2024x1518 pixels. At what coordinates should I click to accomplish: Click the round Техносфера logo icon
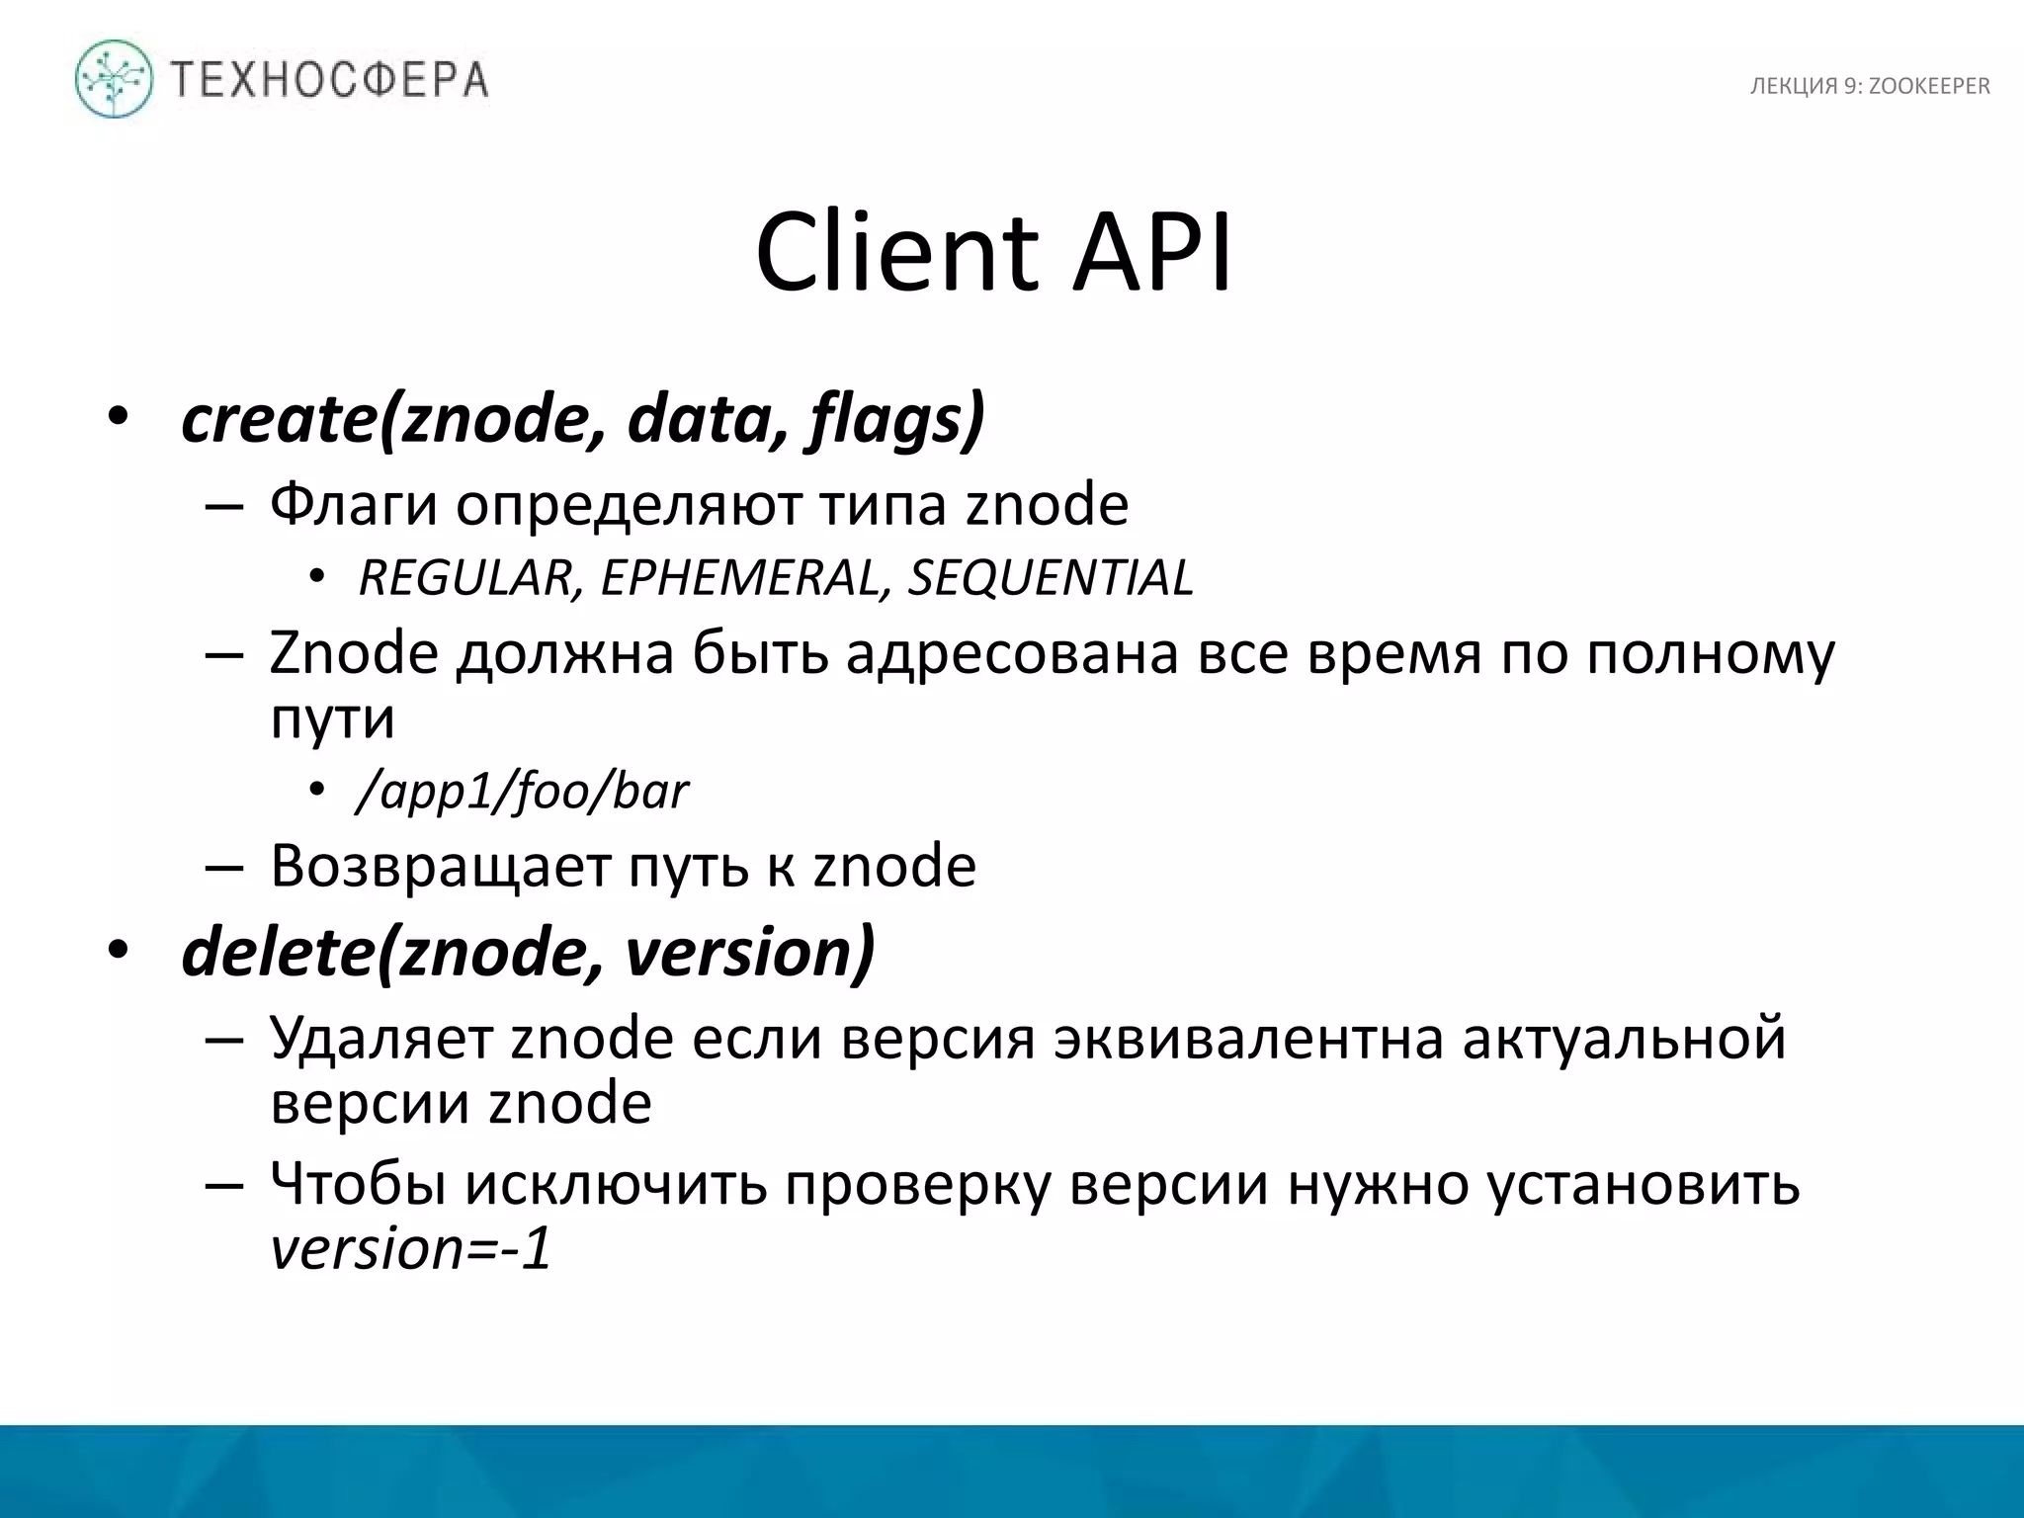(114, 79)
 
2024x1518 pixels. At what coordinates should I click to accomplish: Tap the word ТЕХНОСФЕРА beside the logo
(329, 80)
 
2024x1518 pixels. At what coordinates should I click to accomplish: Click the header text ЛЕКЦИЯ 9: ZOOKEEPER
(1870, 87)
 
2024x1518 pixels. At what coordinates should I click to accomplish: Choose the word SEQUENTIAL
(1051, 578)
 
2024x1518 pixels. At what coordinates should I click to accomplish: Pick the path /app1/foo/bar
(522, 792)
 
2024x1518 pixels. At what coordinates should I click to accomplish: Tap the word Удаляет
(380, 1039)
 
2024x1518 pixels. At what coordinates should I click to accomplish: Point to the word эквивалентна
(1248, 1039)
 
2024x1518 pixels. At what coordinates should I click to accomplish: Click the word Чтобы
(358, 1184)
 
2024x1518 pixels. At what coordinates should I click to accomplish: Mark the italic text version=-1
(410, 1249)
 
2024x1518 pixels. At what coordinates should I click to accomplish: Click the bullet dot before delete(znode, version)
(119, 951)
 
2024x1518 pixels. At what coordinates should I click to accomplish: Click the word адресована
(1012, 654)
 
